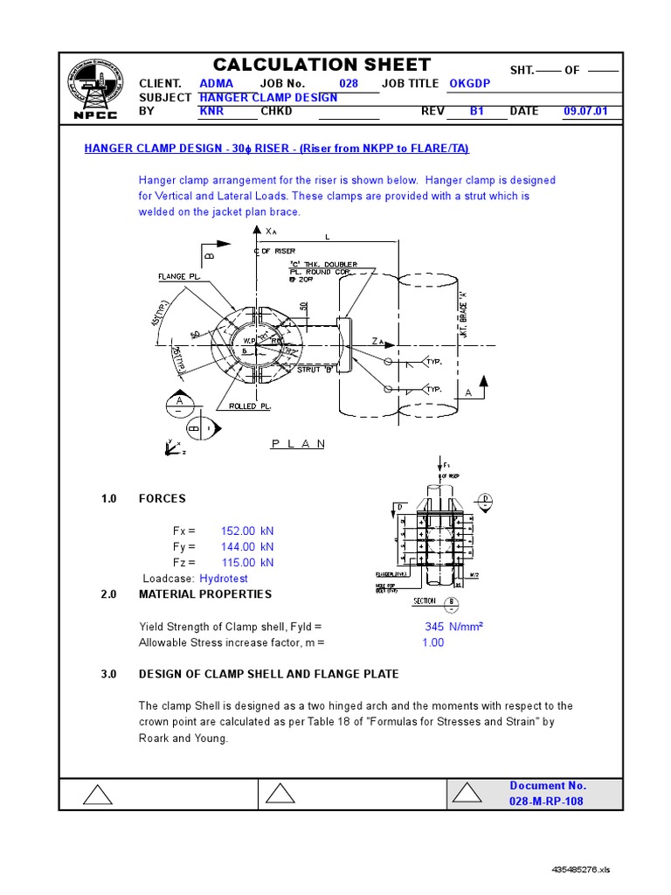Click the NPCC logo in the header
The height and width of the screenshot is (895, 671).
click(x=97, y=90)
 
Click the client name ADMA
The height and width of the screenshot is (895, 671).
click(x=217, y=83)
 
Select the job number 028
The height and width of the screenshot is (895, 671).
click(x=349, y=83)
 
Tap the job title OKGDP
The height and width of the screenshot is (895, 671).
click(x=471, y=83)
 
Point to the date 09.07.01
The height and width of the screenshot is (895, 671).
click(x=588, y=112)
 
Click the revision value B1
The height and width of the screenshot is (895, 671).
click(x=476, y=112)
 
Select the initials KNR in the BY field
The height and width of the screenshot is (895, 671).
click(x=211, y=112)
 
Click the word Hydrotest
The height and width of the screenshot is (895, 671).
click(x=224, y=579)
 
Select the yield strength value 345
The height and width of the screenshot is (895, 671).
click(x=435, y=627)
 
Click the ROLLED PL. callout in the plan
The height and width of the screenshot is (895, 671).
click(x=250, y=406)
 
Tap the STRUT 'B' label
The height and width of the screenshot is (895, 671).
click(x=315, y=370)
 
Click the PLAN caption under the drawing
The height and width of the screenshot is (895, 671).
click(x=298, y=443)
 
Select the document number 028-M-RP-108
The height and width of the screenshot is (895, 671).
click(x=546, y=801)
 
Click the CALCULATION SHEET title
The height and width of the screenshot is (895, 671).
click(x=322, y=65)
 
